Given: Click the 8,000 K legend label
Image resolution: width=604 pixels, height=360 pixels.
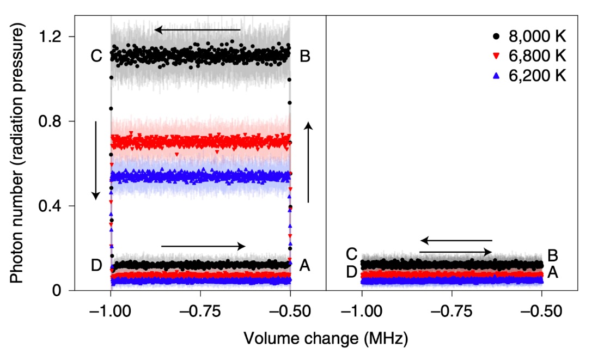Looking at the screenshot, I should [537, 37].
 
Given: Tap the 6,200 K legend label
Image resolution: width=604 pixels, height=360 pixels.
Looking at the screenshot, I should [537, 75].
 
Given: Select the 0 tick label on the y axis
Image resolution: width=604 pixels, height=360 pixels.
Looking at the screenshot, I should [57, 291].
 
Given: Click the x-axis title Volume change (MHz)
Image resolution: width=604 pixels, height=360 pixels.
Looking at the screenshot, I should [325, 338].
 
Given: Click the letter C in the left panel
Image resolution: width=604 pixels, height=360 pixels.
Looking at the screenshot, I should [97, 56].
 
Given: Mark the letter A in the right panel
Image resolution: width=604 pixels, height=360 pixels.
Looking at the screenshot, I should [552, 272].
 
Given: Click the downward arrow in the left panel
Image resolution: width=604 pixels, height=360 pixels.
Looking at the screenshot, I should [96, 160].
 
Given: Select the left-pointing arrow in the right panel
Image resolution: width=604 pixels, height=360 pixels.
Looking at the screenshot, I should [456, 240].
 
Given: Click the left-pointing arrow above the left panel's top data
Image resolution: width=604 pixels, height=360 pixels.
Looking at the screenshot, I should [197, 30].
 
